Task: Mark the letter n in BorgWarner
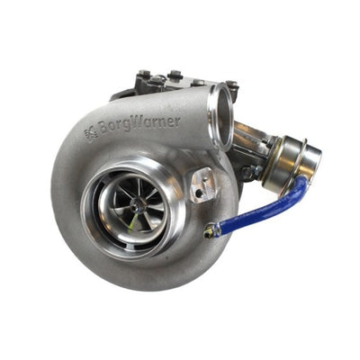pyautogui.click(x=162, y=121)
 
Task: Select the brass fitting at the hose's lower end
pyautogui.click(x=210, y=232)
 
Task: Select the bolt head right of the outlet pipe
pyautogui.click(x=232, y=86)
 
